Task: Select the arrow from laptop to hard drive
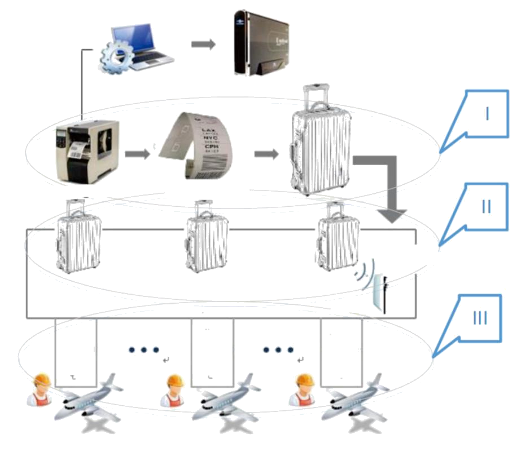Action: (203, 44)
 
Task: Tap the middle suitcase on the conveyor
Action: (207, 237)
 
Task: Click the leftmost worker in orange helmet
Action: (41, 389)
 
